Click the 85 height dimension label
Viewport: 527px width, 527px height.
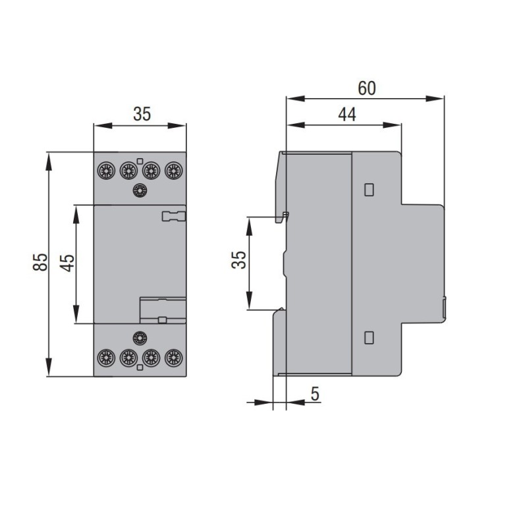40,262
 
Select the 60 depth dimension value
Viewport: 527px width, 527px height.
366,88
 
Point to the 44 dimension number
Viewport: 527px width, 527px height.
347,115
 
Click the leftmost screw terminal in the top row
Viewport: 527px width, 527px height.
105,171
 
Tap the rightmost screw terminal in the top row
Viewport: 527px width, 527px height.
173,171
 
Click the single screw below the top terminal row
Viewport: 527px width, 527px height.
139,190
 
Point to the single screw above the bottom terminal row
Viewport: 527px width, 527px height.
139,339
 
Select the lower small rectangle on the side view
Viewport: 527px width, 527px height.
369,338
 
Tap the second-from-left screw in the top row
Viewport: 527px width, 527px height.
128,171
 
